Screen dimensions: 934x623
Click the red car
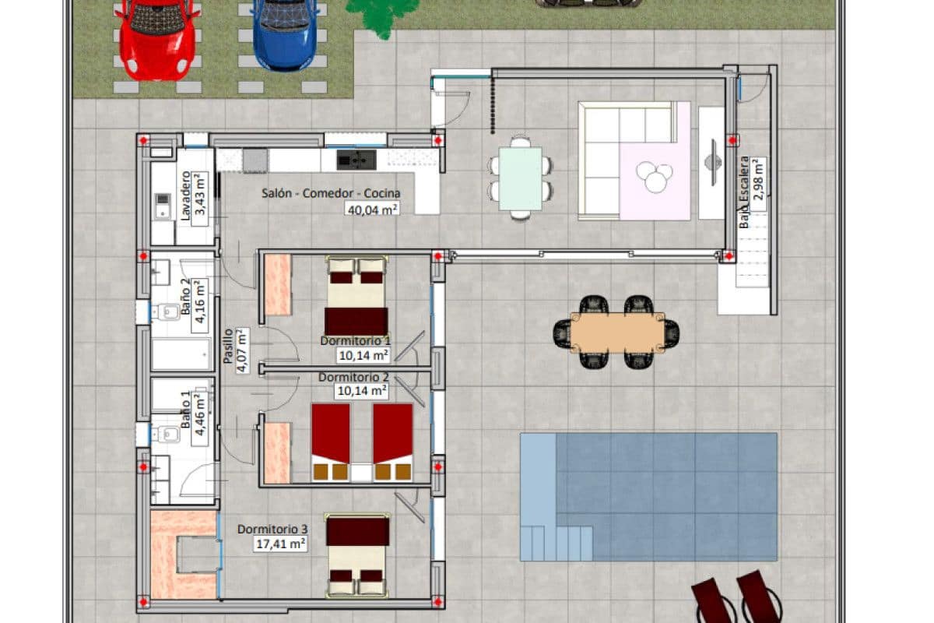[x=157, y=40]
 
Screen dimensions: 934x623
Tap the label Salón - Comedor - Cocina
[x=331, y=193]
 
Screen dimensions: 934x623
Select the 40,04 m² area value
[x=372, y=209]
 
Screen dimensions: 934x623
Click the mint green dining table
[x=520, y=178]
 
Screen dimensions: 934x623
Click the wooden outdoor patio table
[x=617, y=333]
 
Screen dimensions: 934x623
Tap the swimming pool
[x=648, y=497]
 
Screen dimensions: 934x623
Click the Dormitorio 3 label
[x=272, y=529]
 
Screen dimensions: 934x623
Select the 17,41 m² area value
[x=281, y=544]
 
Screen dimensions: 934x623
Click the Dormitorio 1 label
[x=355, y=341]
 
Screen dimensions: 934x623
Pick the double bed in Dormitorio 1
[x=356, y=296]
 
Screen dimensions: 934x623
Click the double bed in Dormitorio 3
[x=358, y=555]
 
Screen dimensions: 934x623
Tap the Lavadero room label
[x=185, y=195]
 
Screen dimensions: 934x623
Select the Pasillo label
[x=227, y=347]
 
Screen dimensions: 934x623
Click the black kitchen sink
[x=356, y=160]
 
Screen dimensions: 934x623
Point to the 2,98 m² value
[x=759, y=180]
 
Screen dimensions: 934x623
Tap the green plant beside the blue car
[x=382, y=15]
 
